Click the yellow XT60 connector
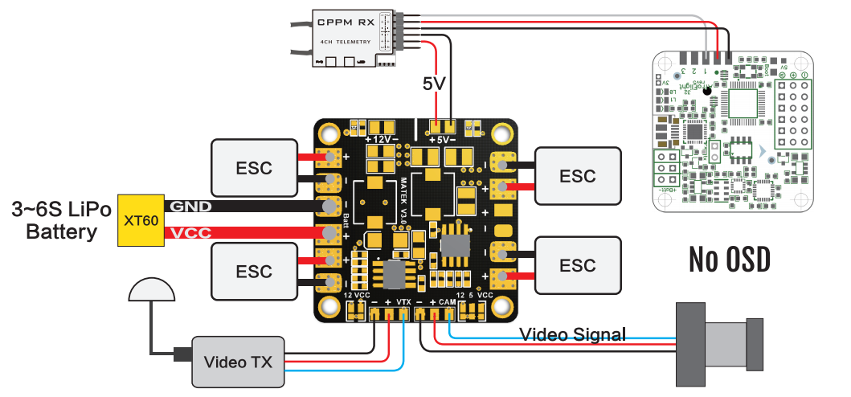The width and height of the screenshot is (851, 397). (140, 220)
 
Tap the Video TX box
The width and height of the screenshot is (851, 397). (237, 362)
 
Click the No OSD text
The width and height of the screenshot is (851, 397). (729, 259)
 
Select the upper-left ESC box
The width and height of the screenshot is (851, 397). (254, 168)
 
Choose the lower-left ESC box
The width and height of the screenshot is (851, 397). (254, 271)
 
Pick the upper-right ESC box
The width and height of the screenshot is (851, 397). (578, 176)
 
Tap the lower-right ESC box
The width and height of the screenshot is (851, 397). (578, 265)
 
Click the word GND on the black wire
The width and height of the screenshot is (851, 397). (191, 207)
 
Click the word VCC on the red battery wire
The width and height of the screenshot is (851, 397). (191, 234)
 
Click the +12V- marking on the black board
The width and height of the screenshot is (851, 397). (383, 140)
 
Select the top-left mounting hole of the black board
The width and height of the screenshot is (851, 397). (329, 133)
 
